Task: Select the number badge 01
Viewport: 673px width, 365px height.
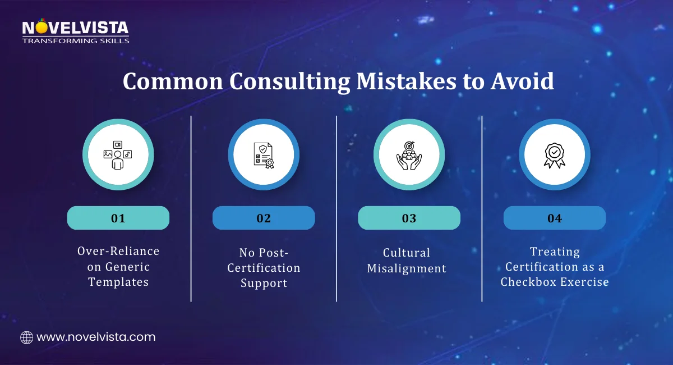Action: click(x=118, y=218)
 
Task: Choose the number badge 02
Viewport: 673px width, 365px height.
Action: click(x=264, y=218)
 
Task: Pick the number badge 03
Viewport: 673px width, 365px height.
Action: click(x=409, y=218)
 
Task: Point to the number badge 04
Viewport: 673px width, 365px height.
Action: click(x=554, y=218)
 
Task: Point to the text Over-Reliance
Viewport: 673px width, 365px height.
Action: click(x=118, y=251)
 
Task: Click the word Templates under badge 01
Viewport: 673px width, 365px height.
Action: click(x=118, y=282)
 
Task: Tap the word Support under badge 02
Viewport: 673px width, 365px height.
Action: click(x=264, y=283)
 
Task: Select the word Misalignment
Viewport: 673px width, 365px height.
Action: click(x=407, y=268)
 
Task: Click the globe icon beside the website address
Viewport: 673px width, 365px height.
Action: click(x=26, y=337)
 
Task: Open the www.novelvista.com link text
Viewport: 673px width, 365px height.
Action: click(x=96, y=337)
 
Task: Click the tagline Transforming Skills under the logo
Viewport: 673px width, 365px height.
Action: click(x=75, y=40)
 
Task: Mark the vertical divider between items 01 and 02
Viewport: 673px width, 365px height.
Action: click(x=191, y=208)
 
